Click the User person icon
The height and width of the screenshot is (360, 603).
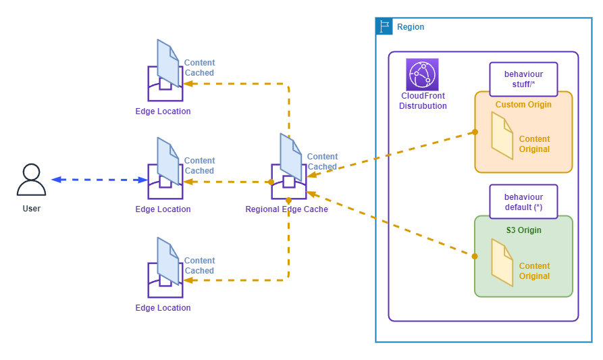(31, 180)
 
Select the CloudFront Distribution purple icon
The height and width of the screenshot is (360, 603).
(422, 74)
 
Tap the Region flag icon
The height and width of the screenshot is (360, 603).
(384, 26)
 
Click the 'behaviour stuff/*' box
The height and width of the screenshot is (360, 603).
(523, 79)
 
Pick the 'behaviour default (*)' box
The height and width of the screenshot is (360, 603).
(523, 202)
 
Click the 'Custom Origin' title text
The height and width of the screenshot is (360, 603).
(523, 105)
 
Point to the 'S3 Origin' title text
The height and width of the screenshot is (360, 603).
(523, 230)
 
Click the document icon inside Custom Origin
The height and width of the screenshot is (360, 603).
(502, 135)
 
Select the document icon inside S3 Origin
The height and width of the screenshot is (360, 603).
(502, 262)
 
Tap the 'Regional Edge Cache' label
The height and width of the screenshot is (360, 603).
(286, 209)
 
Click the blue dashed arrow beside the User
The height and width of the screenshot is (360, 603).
(99, 180)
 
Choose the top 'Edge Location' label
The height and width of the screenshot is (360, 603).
(163, 111)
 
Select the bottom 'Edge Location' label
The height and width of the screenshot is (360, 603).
(163, 308)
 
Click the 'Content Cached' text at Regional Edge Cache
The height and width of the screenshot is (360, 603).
(322, 161)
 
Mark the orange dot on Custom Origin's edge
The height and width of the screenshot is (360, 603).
(475, 132)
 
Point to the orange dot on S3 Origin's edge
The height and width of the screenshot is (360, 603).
(475, 256)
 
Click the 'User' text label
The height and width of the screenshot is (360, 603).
(32, 209)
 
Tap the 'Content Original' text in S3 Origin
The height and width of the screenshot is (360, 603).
(534, 271)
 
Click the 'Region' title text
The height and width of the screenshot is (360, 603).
(411, 27)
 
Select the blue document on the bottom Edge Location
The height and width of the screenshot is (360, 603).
(168, 261)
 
